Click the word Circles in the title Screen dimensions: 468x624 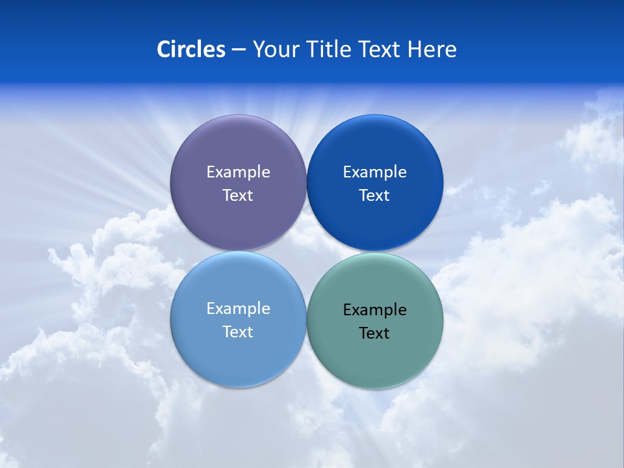pos(190,49)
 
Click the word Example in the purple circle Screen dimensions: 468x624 pos(238,172)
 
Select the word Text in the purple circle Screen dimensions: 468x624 pos(238,196)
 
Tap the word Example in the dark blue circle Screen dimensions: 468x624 pos(374,172)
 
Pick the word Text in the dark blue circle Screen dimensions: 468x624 pos(374,196)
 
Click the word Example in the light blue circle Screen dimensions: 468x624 pos(238,309)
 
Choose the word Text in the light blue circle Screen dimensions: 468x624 pos(238,332)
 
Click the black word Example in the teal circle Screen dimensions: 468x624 pos(374,310)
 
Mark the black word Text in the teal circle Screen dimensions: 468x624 pos(374,333)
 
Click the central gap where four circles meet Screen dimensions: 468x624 pos(306,252)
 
